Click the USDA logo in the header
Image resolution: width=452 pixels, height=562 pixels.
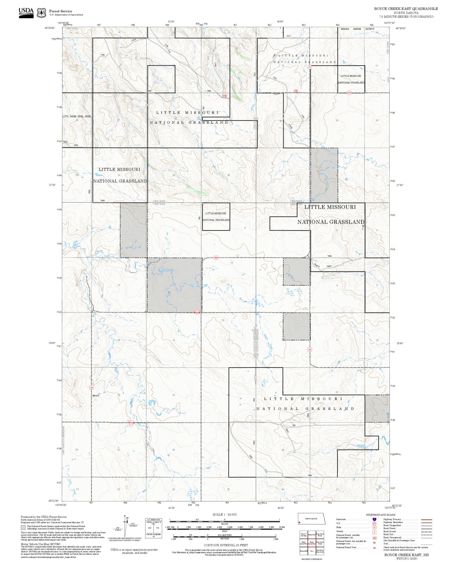click(26, 13)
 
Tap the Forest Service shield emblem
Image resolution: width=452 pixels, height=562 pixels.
click(41, 13)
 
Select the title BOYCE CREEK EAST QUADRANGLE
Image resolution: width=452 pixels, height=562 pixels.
click(406, 9)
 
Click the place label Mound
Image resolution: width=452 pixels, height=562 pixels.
click(96, 395)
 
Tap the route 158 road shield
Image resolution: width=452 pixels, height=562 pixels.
click(91, 387)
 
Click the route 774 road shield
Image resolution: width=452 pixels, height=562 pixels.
click(309, 67)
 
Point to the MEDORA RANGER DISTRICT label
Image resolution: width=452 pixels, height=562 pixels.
click(357, 29)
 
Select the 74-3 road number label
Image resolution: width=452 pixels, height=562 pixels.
click(288, 36)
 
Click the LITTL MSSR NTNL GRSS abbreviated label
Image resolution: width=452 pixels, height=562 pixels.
click(77, 116)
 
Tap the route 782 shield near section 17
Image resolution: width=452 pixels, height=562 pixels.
click(309, 350)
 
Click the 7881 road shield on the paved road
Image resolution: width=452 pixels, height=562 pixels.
click(216, 258)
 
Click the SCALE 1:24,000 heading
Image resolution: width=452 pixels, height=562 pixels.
click(224, 515)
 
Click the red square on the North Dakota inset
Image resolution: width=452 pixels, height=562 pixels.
click(299, 522)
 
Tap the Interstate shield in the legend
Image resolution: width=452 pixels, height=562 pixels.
click(374, 519)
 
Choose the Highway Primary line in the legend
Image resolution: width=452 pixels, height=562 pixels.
click(425, 519)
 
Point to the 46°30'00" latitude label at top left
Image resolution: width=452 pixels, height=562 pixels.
click(50, 28)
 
